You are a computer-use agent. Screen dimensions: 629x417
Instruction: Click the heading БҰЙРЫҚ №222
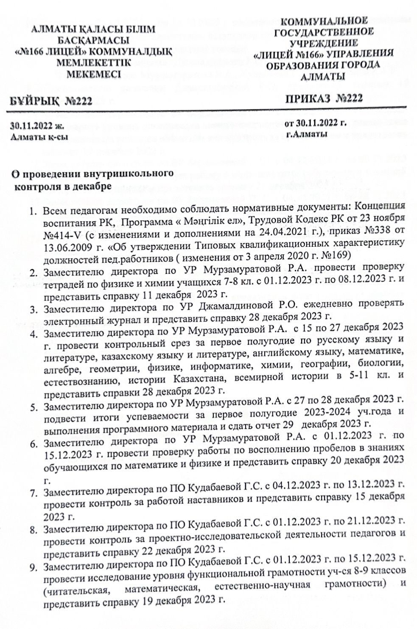point(52,102)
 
